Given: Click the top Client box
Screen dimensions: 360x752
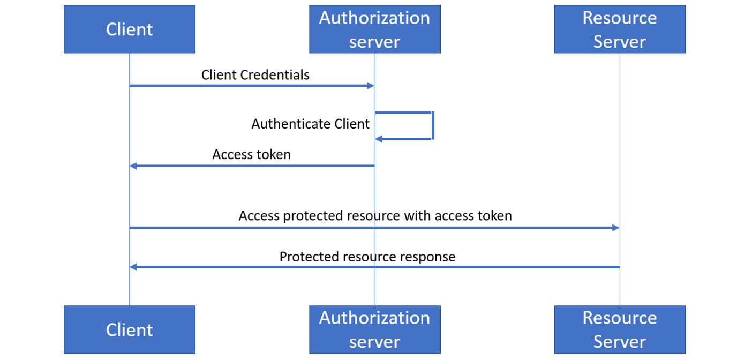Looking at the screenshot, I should tap(129, 29).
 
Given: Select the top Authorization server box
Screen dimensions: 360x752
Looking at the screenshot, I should tap(374, 29).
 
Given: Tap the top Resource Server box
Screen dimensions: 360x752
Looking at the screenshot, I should tap(619, 29).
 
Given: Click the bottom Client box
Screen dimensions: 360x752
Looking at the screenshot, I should tap(129, 329).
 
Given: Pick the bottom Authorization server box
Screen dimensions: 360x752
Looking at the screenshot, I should tap(374, 329).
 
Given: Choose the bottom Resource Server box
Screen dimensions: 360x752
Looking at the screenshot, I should tap(619, 329).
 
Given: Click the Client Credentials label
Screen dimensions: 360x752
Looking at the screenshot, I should tap(255, 75).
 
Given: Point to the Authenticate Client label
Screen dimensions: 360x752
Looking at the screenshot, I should tap(310, 124).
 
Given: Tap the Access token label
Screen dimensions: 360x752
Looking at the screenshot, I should tap(251, 155).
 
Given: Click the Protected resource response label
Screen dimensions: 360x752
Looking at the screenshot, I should tap(367, 257).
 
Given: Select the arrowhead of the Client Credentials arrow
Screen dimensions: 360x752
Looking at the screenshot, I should tap(370, 86).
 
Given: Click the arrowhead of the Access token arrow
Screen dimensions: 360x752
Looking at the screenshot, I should tap(133, 166).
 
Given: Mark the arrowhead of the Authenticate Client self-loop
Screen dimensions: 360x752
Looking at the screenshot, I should tap(378, 139).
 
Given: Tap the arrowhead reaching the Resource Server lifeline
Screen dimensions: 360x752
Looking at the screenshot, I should tap(615, 228).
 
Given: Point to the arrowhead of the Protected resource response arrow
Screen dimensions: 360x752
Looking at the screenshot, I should tap(133, 267).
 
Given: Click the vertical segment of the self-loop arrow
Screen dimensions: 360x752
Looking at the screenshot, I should tap(432, 126).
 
